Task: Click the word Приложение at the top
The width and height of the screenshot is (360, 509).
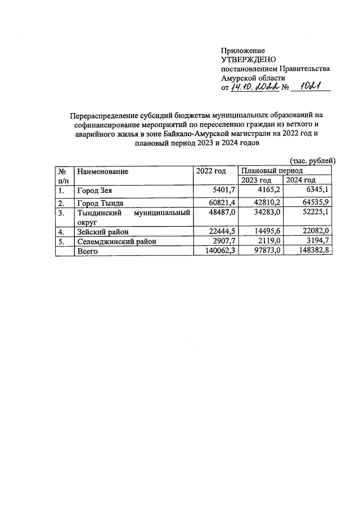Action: point(243,51)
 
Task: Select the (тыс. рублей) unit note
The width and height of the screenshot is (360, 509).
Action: point(312,161)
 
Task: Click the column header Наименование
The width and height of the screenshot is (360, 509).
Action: point(103,171)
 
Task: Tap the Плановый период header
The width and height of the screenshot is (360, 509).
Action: point(272,170)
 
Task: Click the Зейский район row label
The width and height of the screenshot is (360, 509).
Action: point(102,232)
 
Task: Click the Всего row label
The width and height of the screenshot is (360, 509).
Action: point(87,251)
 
